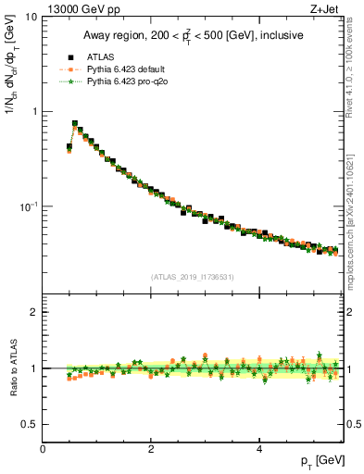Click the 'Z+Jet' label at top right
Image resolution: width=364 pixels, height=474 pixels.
(325, 8)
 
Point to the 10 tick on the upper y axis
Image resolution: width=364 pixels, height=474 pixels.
(31, 18)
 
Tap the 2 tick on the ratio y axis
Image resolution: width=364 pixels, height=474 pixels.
(33, 312)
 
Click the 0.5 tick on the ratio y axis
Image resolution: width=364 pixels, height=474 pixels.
(29, 424)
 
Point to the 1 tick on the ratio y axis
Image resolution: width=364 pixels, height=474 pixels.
(33, 368)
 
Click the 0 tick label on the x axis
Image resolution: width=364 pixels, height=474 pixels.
(43, 449)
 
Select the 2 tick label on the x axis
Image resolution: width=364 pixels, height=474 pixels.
(151, 449)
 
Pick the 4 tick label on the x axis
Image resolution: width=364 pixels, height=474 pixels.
(259, 449)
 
